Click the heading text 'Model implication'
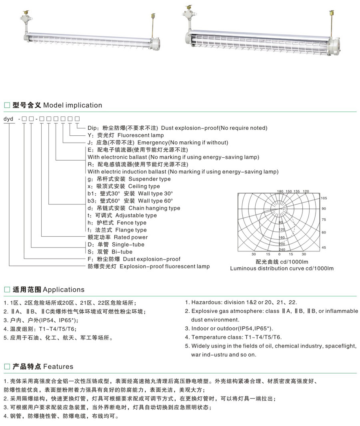point(72,105)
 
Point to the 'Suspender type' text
point(149,179)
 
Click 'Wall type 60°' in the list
point(155,201)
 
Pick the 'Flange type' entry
point(131,230)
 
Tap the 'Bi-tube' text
point(122,252)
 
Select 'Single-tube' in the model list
point(128,244)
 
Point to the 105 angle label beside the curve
point(324,199)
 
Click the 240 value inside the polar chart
point(282,249)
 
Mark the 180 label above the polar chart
point(280,191)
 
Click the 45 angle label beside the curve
point(324,247)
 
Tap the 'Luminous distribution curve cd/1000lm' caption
point(282,268)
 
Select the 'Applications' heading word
point(64,289)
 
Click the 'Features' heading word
point(58,366)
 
